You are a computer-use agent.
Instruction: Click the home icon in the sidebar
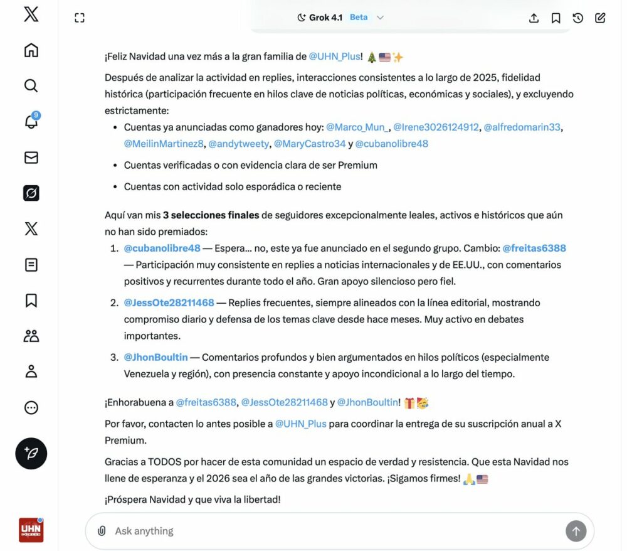[x=31, y=50]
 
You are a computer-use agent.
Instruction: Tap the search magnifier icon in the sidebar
[x=31, y=85]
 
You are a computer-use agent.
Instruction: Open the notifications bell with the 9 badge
[x=31, y=121]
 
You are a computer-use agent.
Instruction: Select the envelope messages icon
[x=31, y=158]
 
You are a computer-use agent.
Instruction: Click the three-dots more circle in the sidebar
[x=31, y=408]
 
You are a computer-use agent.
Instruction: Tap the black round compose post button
[x=31, y=453]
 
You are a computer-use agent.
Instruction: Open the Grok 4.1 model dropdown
[x=340, y=18]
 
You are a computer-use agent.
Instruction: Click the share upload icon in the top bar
[x=534, y=18]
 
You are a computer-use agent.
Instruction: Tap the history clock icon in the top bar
[x=578, y=18]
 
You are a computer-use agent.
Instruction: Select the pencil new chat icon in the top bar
[x=600, y=18]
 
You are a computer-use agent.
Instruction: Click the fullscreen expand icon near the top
[x=80, y=18]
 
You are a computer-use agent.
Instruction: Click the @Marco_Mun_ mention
[x=357, y=127]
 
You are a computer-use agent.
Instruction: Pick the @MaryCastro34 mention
[x=310, y=144]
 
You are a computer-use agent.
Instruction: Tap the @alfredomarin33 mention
[x=522, y=127]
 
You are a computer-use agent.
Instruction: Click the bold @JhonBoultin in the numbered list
[x=155, y=357]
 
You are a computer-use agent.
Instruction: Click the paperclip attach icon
[x=102, y=531]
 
